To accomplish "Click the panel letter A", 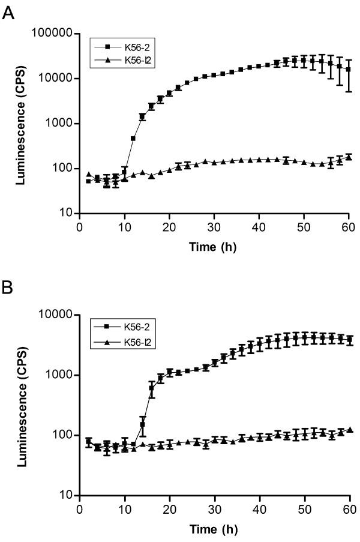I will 9,13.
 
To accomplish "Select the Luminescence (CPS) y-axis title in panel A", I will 21,123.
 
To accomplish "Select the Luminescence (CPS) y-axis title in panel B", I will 21,405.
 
